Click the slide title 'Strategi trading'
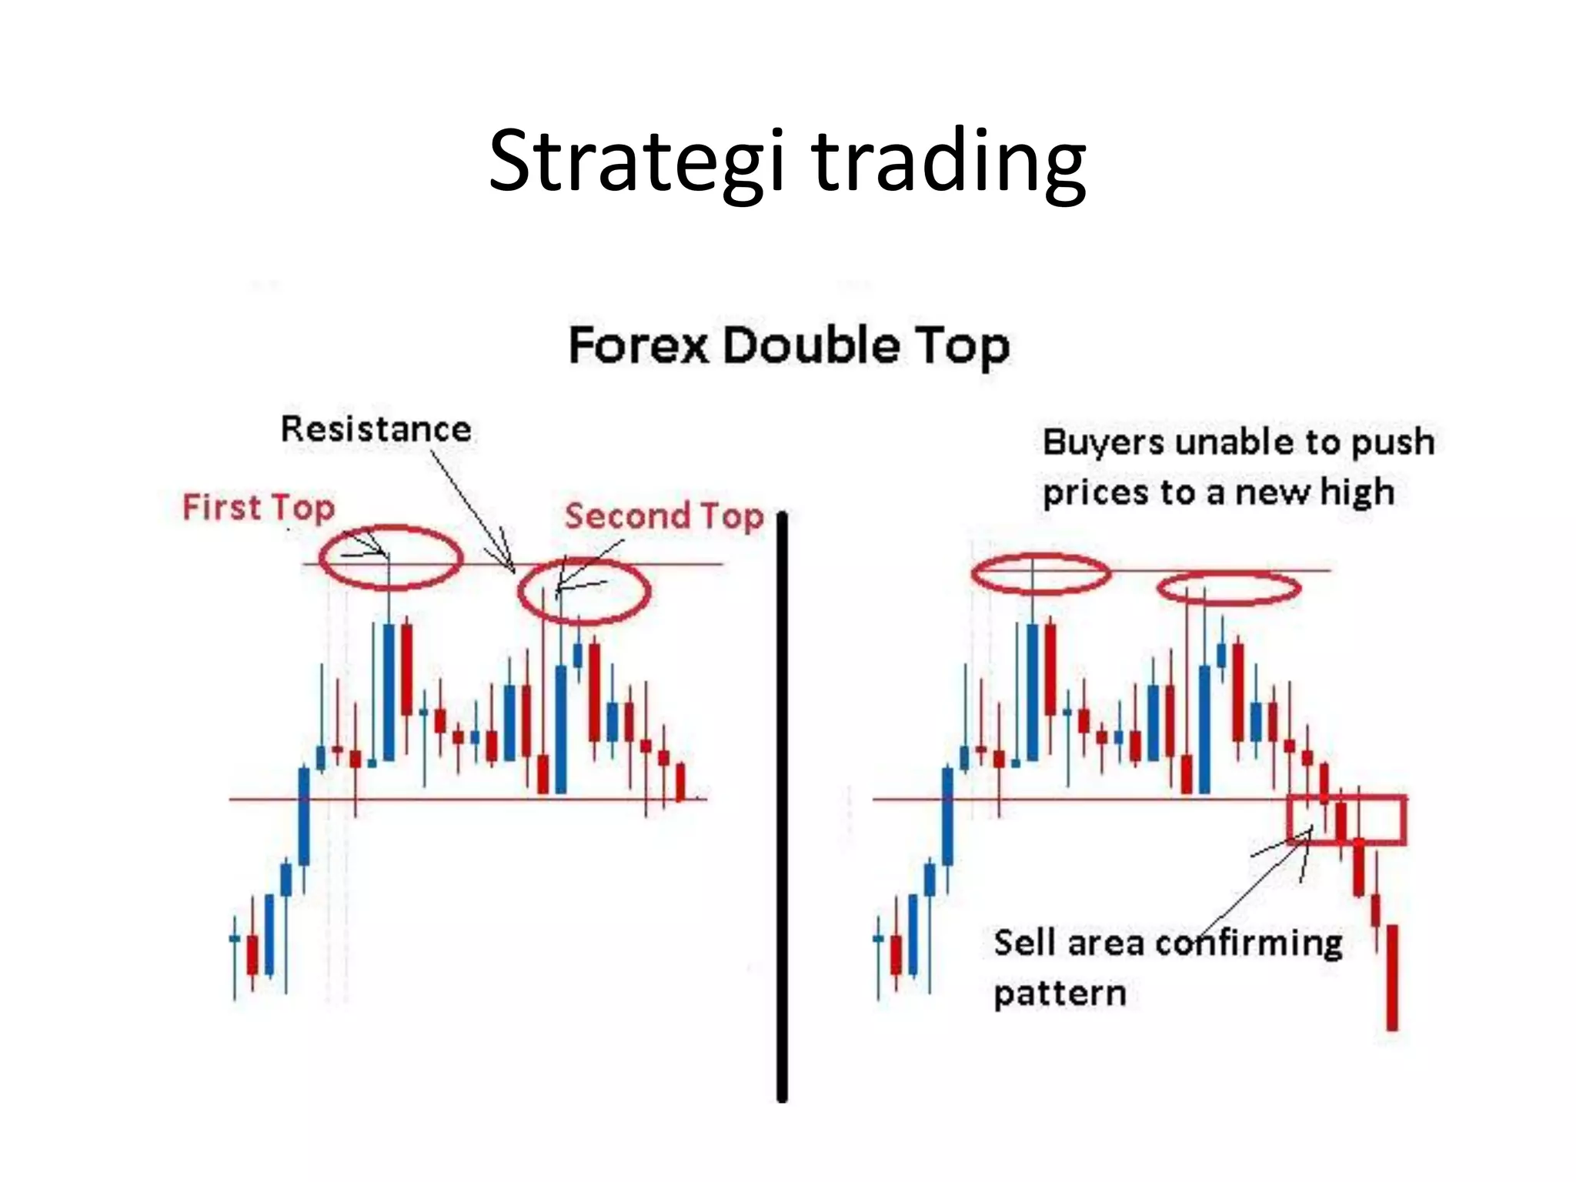787,162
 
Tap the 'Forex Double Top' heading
789,346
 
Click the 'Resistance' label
376,429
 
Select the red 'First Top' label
259,508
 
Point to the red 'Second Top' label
663,516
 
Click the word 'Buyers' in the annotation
1103,442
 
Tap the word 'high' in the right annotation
1357,492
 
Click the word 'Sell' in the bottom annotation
1024,943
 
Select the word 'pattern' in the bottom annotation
1060,993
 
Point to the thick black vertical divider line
782,808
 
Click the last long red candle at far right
1392,977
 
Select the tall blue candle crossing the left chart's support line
304,816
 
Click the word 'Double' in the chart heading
810,346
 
